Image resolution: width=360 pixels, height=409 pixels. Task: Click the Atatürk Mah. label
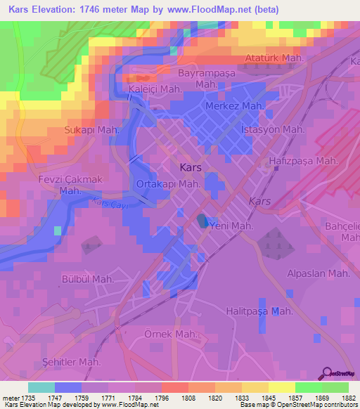click(x=274, y=58)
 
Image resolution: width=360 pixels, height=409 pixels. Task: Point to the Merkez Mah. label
click(x=234, y=105)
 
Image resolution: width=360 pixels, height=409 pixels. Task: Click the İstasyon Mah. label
click(x=272, y=129)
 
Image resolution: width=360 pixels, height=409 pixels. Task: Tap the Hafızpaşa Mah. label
click(x=304, y=161)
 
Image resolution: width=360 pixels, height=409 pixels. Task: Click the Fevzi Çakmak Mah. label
click(x=70, y=185)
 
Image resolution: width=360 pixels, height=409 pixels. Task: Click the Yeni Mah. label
click(x=229, y=226)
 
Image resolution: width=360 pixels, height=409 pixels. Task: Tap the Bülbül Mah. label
click(x=87, y=279)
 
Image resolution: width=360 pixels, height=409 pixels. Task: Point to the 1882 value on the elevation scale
click(x=348, y=398)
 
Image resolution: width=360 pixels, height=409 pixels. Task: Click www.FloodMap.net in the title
click(x=219, y=10)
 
